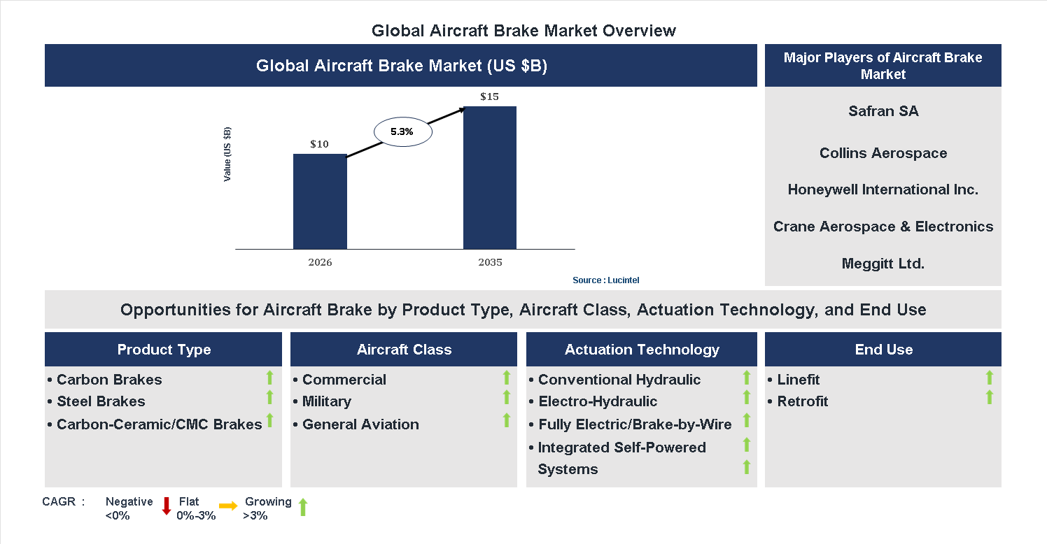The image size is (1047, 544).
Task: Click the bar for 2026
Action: point(320,201)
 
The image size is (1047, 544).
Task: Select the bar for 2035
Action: point(490,178)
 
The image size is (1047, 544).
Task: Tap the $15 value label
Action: point(489,96)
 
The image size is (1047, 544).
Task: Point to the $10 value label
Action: point(319,144)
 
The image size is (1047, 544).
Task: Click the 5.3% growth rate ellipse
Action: point(402,131)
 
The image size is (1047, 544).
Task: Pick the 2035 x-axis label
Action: point(490,263)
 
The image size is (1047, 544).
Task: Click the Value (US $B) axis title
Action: point(227,155)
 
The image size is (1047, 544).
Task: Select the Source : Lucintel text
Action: point(605,280)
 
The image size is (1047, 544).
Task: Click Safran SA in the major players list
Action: point(883,111)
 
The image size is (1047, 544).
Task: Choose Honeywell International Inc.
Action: point(883,189)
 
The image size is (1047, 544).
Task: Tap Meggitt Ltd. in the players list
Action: point(883,264)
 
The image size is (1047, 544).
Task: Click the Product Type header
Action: point(164,350)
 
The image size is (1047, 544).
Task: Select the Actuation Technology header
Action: point(642,350)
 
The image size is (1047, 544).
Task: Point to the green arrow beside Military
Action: point(507,398)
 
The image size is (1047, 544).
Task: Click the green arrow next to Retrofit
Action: point(989,398)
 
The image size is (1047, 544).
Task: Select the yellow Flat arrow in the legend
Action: point(228,506)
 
